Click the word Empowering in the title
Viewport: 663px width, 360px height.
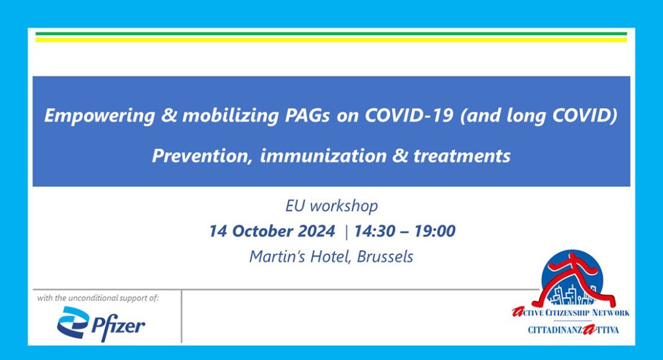pos(100,116)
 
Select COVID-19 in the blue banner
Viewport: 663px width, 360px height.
pos(409,115)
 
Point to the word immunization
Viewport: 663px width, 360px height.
pos(323,156)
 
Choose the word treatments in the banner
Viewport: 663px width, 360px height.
pos(462,156)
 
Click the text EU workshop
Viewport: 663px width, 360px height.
pos(331,206)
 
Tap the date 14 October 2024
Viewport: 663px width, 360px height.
pos(273,231)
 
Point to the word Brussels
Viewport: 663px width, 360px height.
pos(385,256)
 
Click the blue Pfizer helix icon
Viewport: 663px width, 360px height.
pos(73,322)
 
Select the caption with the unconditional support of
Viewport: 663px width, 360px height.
pos(98,298)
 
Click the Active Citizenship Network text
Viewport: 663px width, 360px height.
pos(571,313)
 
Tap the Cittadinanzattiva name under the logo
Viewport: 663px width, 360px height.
pos(573,330)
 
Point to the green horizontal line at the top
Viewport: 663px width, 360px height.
pos(331,34)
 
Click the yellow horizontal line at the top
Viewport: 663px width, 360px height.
pos(331,40)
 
